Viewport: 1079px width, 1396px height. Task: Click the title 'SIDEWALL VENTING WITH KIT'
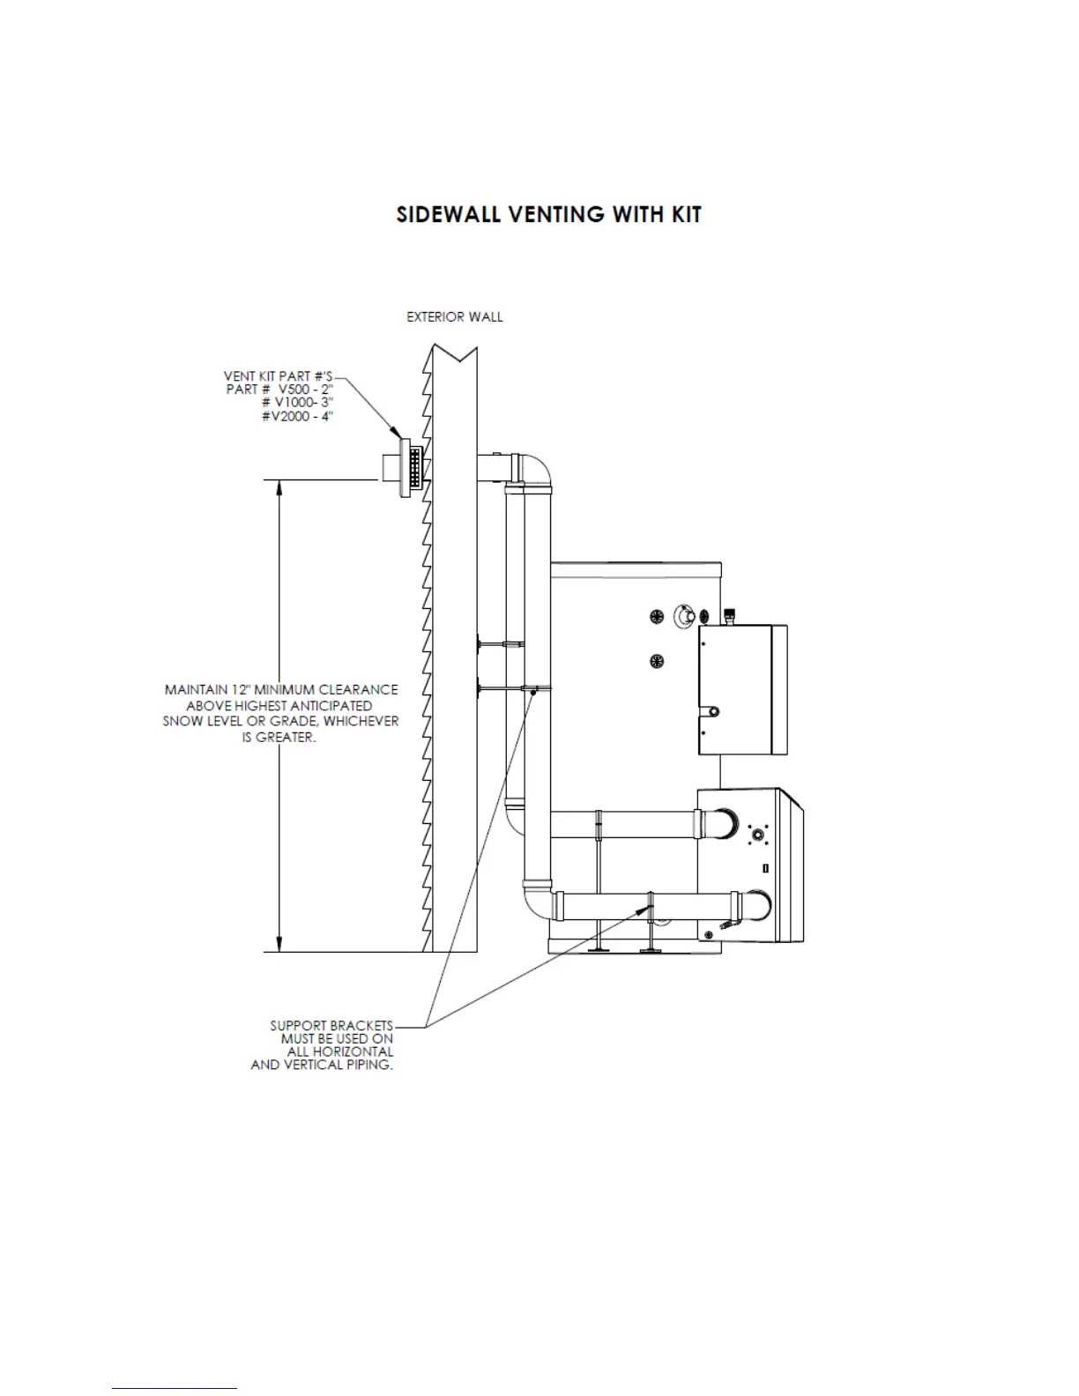(548, 215)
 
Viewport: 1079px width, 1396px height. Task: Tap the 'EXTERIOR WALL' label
(454, 317)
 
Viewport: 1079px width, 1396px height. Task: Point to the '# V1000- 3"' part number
(297, 403)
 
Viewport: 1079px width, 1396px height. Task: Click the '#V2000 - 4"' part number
(296, 416)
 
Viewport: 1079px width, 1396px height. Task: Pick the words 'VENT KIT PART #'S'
(279, 376)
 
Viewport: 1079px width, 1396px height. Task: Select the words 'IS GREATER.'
(279, 737)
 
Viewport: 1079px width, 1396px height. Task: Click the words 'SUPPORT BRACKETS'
(331, 1026)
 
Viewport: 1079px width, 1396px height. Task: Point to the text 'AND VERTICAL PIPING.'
(322, 1065)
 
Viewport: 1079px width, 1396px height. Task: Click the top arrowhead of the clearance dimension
(279, 487)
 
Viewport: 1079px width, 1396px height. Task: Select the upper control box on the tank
(742, 689)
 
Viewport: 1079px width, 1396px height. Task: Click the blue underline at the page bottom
(175, 1389)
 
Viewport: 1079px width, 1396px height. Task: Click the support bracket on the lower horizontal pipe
(651, 907)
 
